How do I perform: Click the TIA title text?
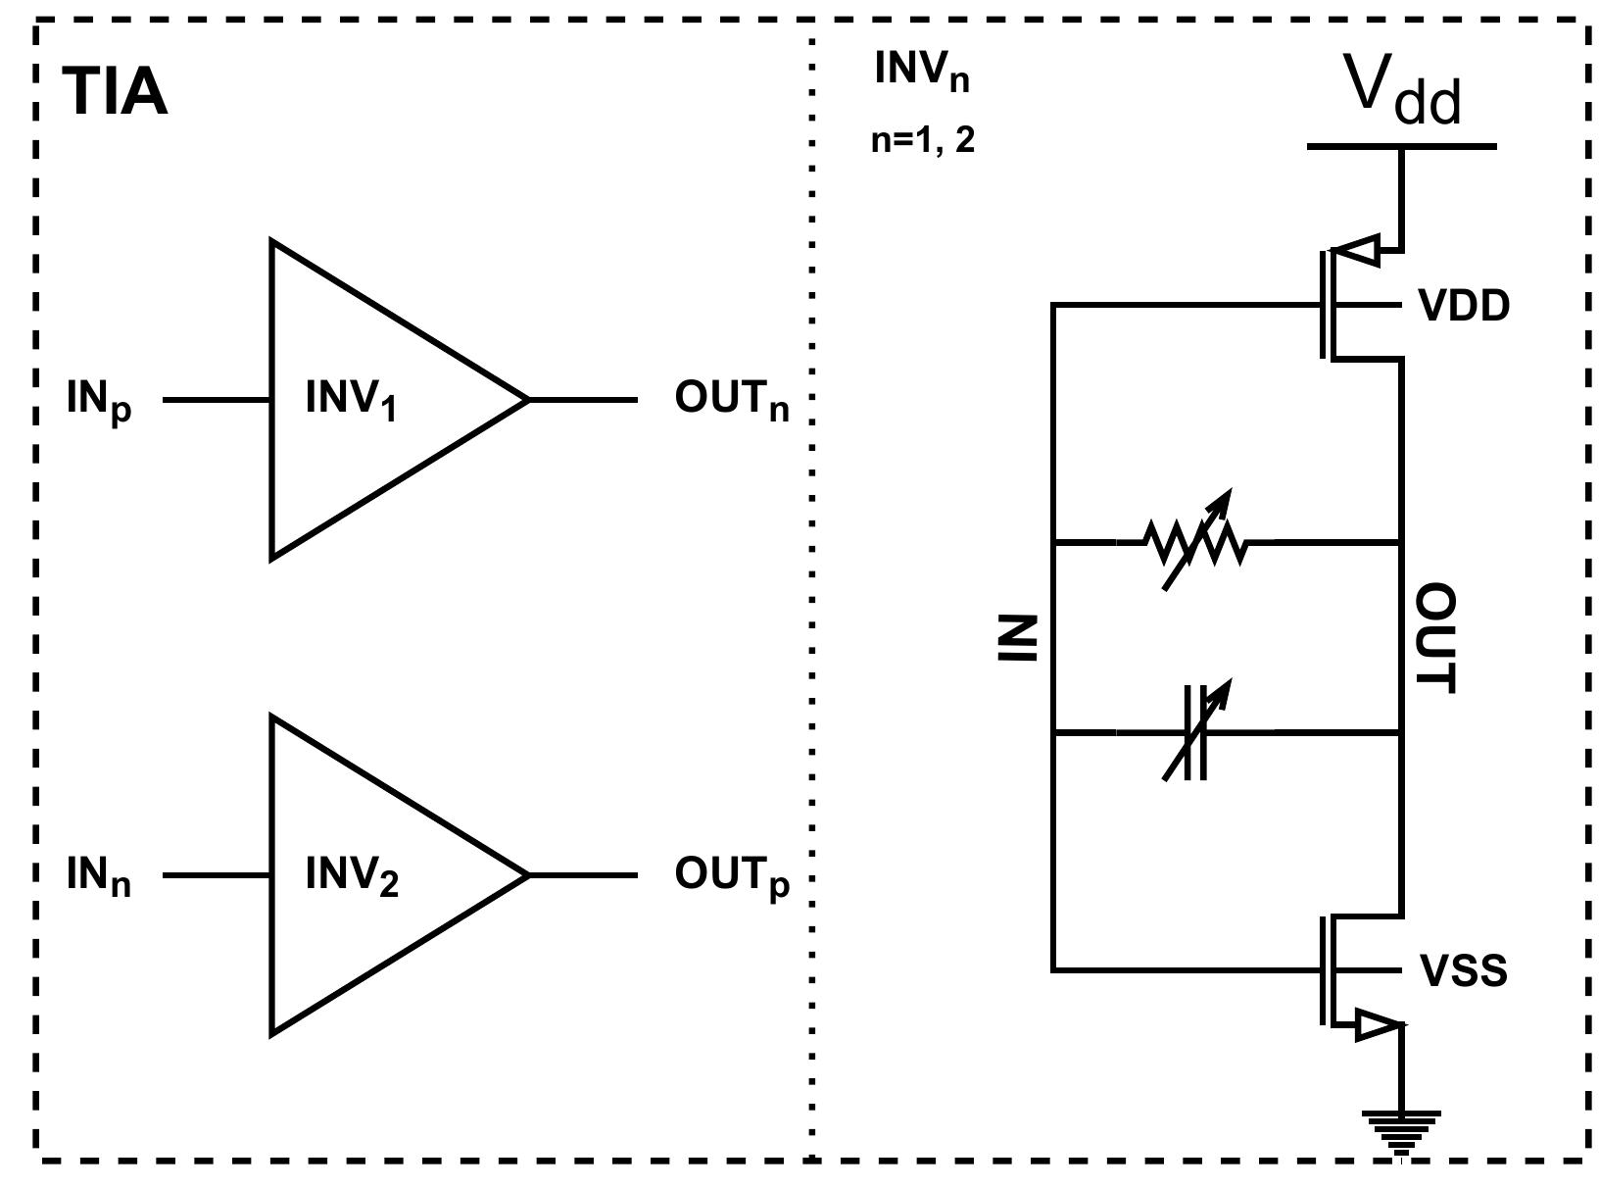[116, 93]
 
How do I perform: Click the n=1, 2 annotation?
[923, 140]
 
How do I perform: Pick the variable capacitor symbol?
[1195, 732]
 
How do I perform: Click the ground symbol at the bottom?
[1401, 1127]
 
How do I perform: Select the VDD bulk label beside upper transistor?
[1464, 307]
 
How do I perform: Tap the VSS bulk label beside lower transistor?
[1463, 971]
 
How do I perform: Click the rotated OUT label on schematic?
[1436, 638]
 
